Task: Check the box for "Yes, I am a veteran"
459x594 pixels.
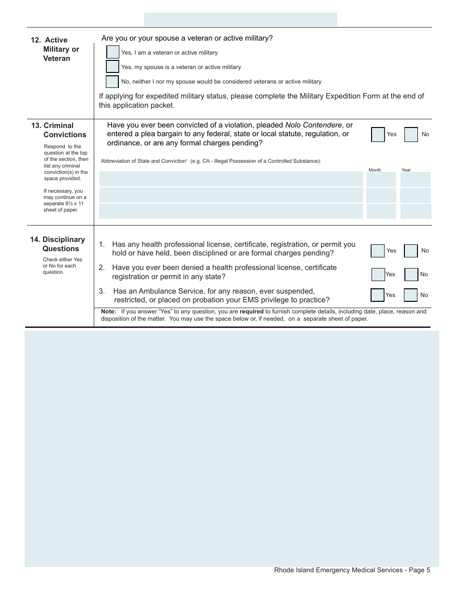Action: (113, 52)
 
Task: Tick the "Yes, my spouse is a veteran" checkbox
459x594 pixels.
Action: (113, 67)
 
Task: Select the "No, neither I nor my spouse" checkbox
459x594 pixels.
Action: (112, 82)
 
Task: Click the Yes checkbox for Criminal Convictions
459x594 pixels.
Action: (378, 134)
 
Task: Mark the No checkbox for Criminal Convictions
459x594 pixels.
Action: (411, 134)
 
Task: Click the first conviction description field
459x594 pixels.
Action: (231, 179)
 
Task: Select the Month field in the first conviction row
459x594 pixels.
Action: (381, 179)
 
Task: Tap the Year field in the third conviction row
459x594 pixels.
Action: (416, 211)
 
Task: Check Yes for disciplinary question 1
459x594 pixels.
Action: (378, 251)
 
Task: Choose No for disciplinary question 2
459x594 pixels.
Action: (411, 274)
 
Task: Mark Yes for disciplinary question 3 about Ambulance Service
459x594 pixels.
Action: (377, 295)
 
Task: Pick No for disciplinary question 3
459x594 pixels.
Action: (411, 295)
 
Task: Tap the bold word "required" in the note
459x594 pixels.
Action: (251, 311)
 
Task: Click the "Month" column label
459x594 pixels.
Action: (375, 170)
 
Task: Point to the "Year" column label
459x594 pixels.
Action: (406, 170)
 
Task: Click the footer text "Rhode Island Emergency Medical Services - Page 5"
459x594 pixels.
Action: (352, 570)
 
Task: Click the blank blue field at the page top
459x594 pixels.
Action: (241, 19)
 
